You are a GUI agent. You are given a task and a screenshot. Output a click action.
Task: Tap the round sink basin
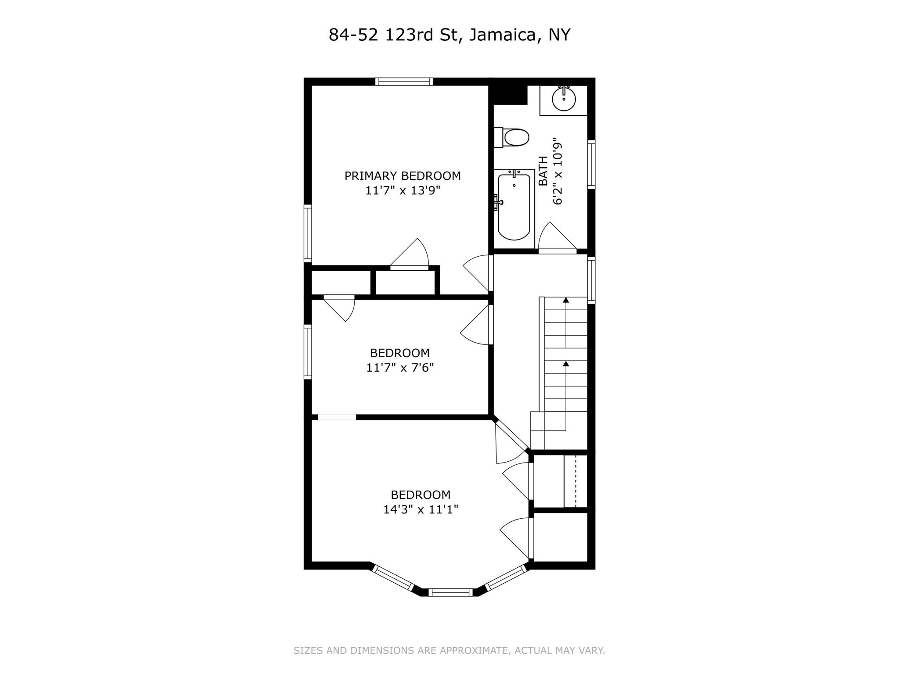[x=564, y=99]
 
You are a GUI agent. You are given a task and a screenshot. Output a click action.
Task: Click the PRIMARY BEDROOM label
[x=403, y=176]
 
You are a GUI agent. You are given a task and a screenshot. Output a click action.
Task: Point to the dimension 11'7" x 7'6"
[x=400, y=367]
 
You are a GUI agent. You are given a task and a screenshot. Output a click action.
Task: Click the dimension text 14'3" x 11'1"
[x=421, y=509]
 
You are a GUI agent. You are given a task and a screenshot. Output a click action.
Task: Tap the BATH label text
[x=543, y=171]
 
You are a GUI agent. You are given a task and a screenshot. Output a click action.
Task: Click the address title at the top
[x=449, y=35]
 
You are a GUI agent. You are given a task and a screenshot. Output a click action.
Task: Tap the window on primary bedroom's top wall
[x=404, y=82]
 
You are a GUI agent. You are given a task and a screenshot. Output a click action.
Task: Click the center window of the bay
[x=451, y=592]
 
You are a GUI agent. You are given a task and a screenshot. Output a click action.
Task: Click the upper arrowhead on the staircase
[x=566, y=300]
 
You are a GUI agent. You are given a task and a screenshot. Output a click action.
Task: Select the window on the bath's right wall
[x=591, y=165]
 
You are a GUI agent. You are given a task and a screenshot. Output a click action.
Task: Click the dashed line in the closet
[x=575, y=481]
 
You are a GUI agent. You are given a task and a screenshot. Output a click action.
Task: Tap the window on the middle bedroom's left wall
[x=308, y=352]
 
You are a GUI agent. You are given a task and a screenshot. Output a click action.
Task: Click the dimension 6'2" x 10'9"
[x=557, y=174]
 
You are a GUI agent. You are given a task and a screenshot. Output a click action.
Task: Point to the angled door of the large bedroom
[x=511, y=434]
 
